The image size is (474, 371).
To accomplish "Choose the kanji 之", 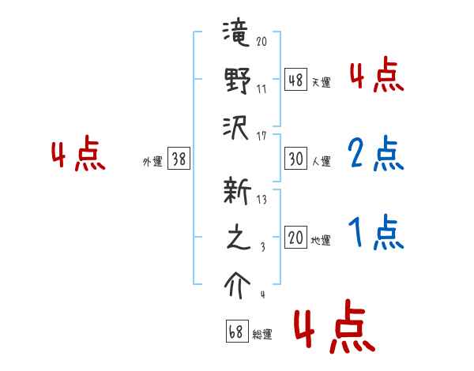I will coord(237,239).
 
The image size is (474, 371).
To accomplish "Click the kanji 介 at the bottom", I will coord(237,284).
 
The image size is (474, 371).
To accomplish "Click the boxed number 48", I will coord(295,79).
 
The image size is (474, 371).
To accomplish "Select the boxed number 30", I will coord(295,159).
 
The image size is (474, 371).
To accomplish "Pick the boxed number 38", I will coord(179,159).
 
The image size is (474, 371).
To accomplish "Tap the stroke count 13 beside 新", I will coord(261,200).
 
